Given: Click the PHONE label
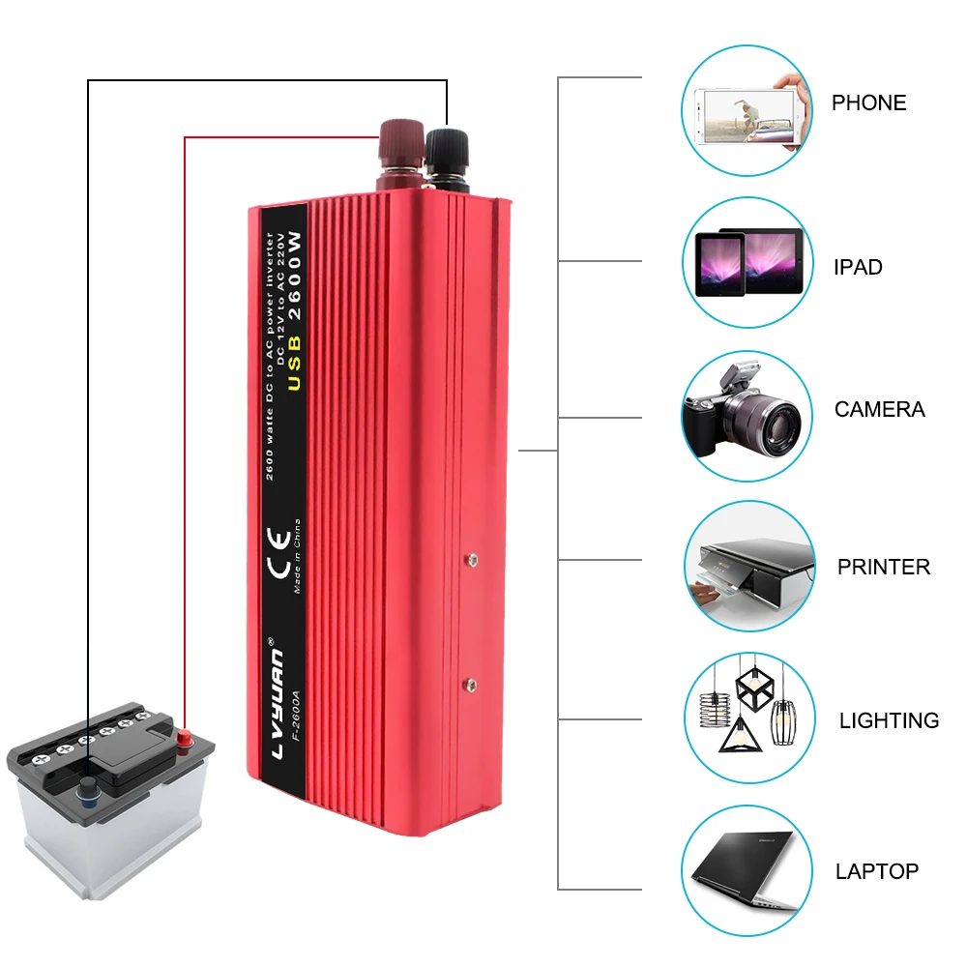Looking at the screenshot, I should tap(868, 103).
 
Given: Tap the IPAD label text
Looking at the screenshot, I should tap(858, 267).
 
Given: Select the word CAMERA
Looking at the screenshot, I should tap(879, 409).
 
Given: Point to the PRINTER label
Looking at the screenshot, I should tap(883, 567).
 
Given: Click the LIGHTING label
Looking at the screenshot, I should tap(889, 720).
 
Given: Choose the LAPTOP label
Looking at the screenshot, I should tap(876, 871).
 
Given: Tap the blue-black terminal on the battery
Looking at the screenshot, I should tap(89, 784).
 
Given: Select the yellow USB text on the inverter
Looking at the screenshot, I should tap(294, 363).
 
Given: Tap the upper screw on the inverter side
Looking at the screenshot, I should tap(472, 558).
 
